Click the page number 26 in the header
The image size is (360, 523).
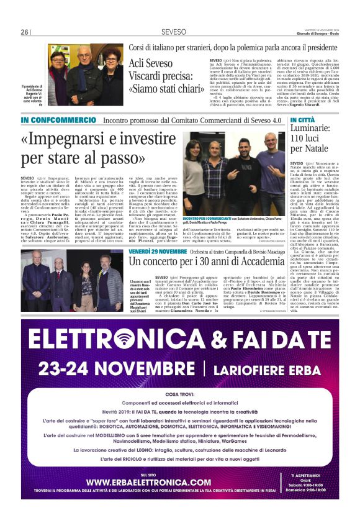click(25, 32)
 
